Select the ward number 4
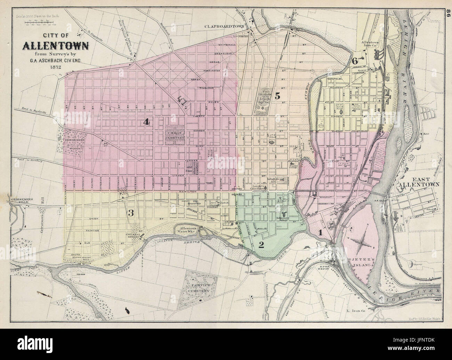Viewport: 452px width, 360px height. coord(147,121)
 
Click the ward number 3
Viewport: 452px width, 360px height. coord(131,213)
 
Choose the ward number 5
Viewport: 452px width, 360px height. coord(277,96)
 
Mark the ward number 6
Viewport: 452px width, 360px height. coord(355,61)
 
